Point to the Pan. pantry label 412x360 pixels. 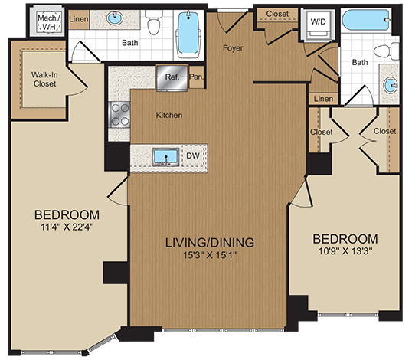[196, 76]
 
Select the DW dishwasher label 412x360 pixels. [193, 156]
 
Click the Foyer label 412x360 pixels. [233, 49]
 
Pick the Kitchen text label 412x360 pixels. [169, 116]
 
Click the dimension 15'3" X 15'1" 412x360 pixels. [211, 256]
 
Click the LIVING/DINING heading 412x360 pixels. [211, 243]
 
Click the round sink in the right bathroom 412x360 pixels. [391, 85]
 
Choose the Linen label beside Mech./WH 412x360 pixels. [79, 18]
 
